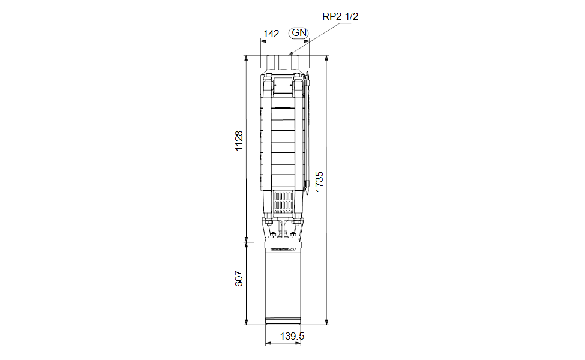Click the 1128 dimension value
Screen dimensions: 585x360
[x=239, y=140]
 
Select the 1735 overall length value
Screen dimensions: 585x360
[x=319, y=182]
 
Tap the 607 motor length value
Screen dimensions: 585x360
[x=239, y=278]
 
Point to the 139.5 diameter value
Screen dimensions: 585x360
[x=292, y=336]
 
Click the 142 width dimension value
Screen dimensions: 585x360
[x=271, y=34]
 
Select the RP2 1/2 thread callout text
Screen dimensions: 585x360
[x=340, y=16]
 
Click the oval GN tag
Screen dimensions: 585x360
[x=299, y=33]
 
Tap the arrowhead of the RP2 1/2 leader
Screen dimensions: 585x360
[x=291, y=54]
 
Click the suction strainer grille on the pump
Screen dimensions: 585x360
[x=283, y=203]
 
